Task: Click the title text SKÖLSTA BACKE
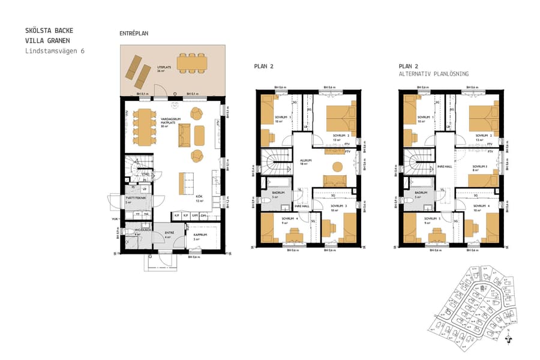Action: pyautogui.click(x=50, y=30)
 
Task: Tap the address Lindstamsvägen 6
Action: pyautogui.click(x=55, y=51)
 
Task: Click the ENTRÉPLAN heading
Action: pyautogui.click(x=134, y=34)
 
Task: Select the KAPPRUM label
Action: pyautogui.click(x=200, y=235)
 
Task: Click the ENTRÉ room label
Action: pyautogui.click(x=170, y=233)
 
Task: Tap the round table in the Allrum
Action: pyautogui.click(x=337, y=166)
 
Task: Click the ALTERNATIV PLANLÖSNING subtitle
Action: pyautogui.click(x=434, y=74)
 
